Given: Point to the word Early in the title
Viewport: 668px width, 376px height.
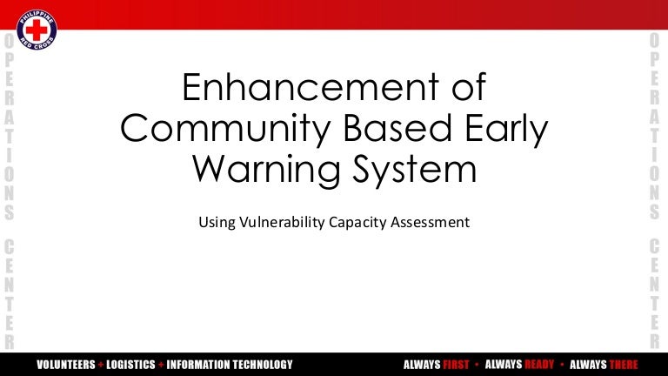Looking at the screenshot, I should pyautogui.click(x=506, y=129).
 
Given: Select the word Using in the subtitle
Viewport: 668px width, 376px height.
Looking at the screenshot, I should pyautogui.click(x=217, y=222).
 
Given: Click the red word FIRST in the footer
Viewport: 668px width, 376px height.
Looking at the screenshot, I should pyautogui.click(x=457, y=364).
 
